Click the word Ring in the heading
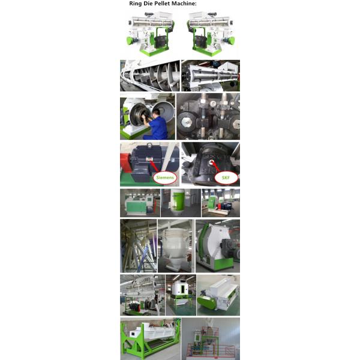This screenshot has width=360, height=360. click(135, 4)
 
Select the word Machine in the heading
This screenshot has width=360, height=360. click(184, 4)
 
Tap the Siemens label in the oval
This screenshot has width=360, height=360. click(165, 177)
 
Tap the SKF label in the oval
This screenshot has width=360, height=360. click(226, 178)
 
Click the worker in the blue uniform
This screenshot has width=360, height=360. click(155, 124)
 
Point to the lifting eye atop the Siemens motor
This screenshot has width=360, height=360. click(149, 145)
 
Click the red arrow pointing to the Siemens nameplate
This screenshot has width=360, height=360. click(154, 166)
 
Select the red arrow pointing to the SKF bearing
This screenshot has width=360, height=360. click(215, 166)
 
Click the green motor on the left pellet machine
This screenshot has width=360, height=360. click(131, 41)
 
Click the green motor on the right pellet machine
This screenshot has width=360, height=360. click(230, 41)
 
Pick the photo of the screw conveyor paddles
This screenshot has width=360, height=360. click(150, 76)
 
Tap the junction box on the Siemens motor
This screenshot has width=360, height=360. click(140, 173)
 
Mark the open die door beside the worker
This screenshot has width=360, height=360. click(163, 113)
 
